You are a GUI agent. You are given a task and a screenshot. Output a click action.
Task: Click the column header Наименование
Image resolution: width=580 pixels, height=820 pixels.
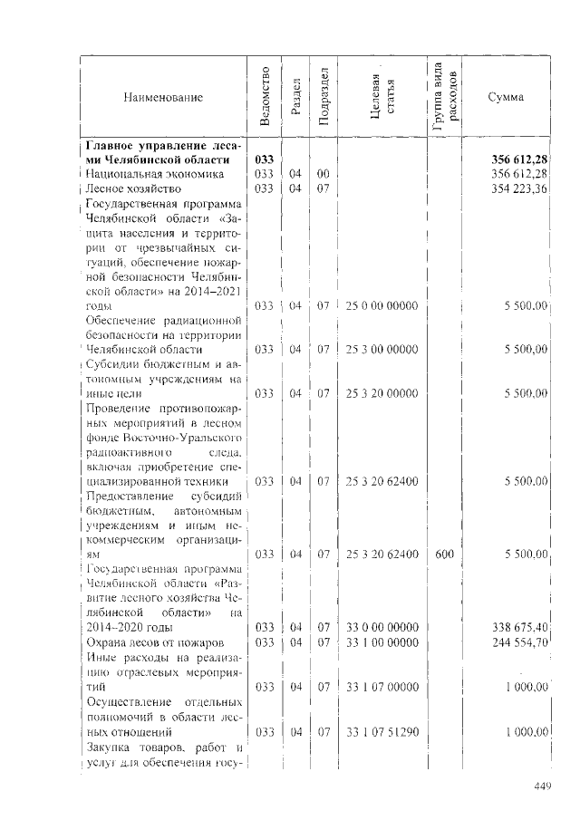click(164, 97)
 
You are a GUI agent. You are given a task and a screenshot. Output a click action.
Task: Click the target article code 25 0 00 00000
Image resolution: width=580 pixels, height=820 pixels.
click(382, 307)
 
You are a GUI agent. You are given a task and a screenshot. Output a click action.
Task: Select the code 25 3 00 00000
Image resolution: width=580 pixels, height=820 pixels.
click(382, 349)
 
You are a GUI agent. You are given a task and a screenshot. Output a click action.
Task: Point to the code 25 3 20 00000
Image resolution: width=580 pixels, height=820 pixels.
click(382, 393)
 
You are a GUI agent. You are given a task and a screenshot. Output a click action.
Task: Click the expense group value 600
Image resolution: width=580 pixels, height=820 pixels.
click(444, 553)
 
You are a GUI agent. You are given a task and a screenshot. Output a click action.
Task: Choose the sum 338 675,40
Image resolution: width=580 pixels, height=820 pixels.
click(519, 627)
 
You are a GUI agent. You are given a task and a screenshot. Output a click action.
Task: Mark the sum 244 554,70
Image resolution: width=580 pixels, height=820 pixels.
click(519, 642)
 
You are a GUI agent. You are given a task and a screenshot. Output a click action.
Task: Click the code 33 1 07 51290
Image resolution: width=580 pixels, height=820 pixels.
click(382, 731)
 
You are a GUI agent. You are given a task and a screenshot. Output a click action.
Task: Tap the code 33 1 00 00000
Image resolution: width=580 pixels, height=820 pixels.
click(382, 642)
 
